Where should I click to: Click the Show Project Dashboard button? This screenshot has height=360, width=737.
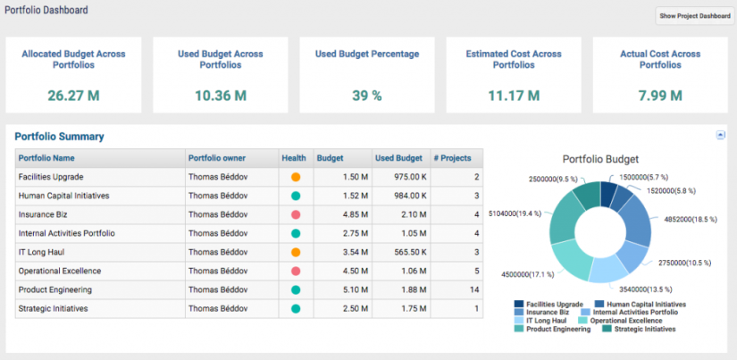click(693, 16)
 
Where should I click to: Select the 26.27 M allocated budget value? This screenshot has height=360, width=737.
click(73, 95)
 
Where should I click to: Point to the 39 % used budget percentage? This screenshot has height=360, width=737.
click(366, 95)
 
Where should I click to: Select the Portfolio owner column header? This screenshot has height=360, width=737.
click(217, 158)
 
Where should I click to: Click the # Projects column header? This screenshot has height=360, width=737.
click(451, 158)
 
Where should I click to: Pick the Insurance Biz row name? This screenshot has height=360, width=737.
click(44, 214)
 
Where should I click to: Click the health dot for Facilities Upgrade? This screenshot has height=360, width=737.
click(296, 178)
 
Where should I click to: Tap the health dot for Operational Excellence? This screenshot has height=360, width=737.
click(296, 271)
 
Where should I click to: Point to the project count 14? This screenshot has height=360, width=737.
click(474, 289)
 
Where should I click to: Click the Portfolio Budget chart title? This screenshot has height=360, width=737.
click(600, 159)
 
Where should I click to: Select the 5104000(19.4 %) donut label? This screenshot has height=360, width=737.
click(516, 214)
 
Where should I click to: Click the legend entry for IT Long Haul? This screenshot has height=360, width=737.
click(548, 320)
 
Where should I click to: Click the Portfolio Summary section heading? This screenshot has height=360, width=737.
click(59, 137)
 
